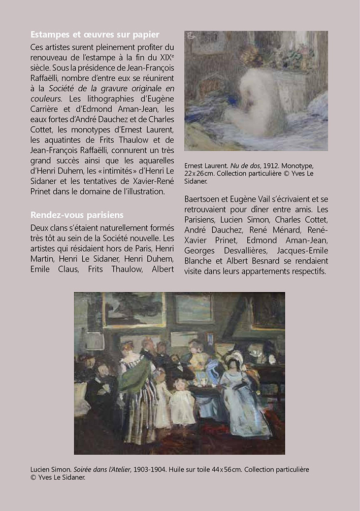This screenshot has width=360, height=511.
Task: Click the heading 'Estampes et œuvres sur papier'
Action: coord(95,35)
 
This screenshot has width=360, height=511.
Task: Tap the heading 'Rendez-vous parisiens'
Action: coord(77,215)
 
